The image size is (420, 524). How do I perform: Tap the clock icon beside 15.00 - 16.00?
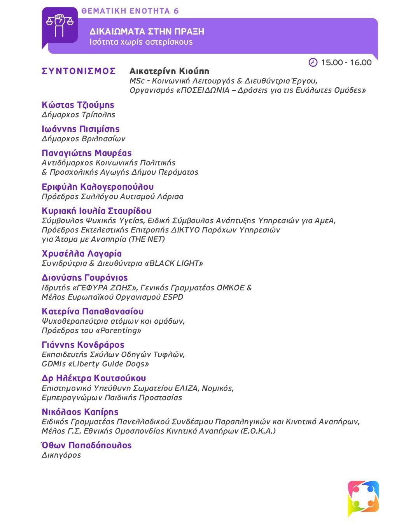point(313,62)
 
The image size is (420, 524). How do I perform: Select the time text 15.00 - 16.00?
point(346,62)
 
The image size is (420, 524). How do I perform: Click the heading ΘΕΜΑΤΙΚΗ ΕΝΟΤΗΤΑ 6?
point(130,11)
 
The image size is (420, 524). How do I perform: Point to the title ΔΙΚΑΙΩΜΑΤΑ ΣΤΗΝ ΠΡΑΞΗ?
point(147,31)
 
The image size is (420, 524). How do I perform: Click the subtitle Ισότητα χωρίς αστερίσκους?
point(141,42)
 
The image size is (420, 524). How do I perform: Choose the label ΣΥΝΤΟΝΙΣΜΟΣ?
point(79,71)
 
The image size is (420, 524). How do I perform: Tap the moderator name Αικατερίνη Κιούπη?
point(169,71)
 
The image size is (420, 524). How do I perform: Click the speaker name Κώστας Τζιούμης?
point(78,105)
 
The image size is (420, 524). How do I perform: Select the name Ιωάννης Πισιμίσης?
point(80,129)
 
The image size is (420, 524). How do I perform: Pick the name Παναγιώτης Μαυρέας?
point(87,153)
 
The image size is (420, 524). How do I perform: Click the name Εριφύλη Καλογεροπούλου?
point(98,187)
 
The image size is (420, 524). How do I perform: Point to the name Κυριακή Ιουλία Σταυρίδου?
point(96,211)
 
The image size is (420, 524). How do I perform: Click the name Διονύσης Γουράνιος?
point(85,278)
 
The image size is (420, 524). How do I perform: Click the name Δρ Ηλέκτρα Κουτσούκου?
point(94,378)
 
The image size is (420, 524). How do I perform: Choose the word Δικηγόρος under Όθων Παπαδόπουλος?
point(61,455)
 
